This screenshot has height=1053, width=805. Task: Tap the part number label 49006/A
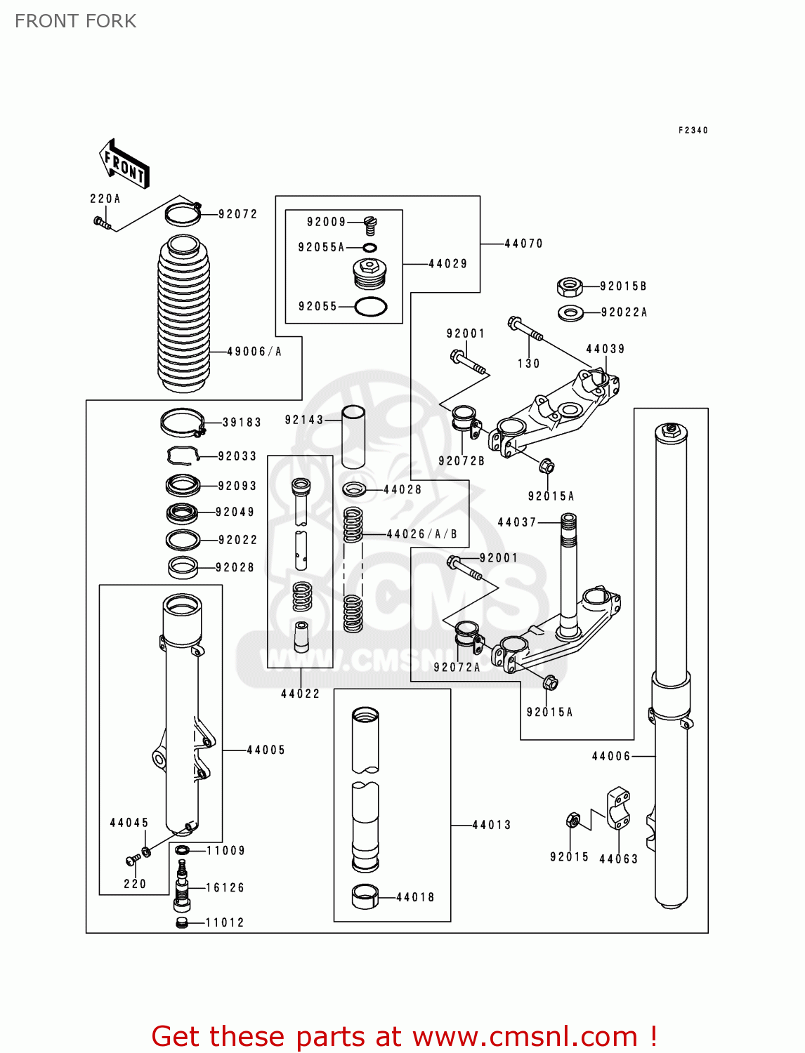[x=254, y=352]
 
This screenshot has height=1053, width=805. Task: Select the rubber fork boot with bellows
[x=183, y=314]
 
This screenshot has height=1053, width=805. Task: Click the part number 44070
[x=524, y=244]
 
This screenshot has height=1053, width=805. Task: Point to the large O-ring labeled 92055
[x=370, y=307]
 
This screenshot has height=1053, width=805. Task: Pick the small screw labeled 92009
[x=371, y=225]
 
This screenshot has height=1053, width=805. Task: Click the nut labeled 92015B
[x=569, y=286]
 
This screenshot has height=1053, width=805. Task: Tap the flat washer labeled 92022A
[x=570, y=312]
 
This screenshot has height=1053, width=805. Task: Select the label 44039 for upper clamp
[x=605, y=349]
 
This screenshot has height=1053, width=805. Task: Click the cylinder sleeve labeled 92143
[x=353, y=437]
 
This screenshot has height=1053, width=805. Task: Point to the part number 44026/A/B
[x=421, y=534]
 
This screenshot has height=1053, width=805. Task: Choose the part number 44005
[x=266, y=750]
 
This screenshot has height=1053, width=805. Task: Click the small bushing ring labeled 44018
[x=365, y=897]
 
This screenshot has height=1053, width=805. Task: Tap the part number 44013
[x=491, y=825]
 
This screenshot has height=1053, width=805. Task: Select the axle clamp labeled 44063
[x=617, y=809]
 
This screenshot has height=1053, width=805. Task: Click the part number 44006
[x=611, y=756]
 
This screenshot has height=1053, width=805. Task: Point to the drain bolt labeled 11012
[x=182, y=922]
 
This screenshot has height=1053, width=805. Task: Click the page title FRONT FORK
[x=75, y=21]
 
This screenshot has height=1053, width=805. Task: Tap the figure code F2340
[x=693, y=130]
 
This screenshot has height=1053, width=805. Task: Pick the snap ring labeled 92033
[x=181, y=456]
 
